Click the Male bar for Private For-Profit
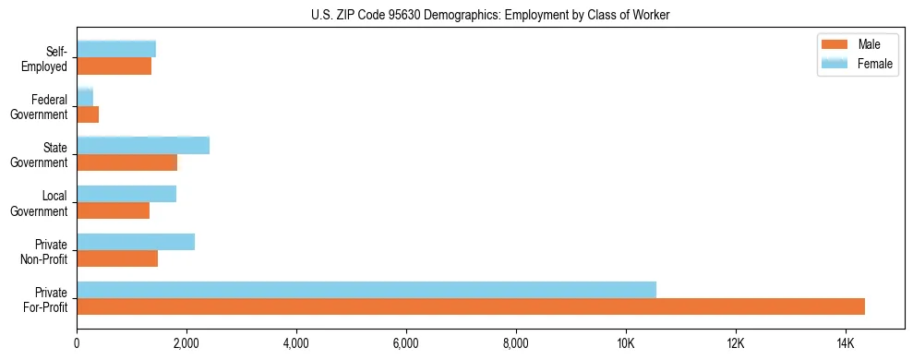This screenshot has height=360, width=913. click(471, 306)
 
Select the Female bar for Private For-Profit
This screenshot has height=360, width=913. click(366, 290)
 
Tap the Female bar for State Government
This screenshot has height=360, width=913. click(143, 145)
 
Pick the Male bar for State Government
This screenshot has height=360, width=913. click(127, 162)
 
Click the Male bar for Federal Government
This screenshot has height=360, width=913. click(88, 114)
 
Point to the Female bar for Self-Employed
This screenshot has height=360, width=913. click(116, 49)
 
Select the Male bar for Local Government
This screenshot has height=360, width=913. click(114, 210)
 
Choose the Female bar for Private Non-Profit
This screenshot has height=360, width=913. click(136, 242)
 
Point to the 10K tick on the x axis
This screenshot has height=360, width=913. click(626, 343)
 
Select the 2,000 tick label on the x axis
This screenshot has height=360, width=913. click(186, 343)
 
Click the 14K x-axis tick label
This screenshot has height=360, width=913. click(846, 343)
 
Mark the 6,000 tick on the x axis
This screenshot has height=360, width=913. click(406, 343)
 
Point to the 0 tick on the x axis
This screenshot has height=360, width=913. click(78, 343)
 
